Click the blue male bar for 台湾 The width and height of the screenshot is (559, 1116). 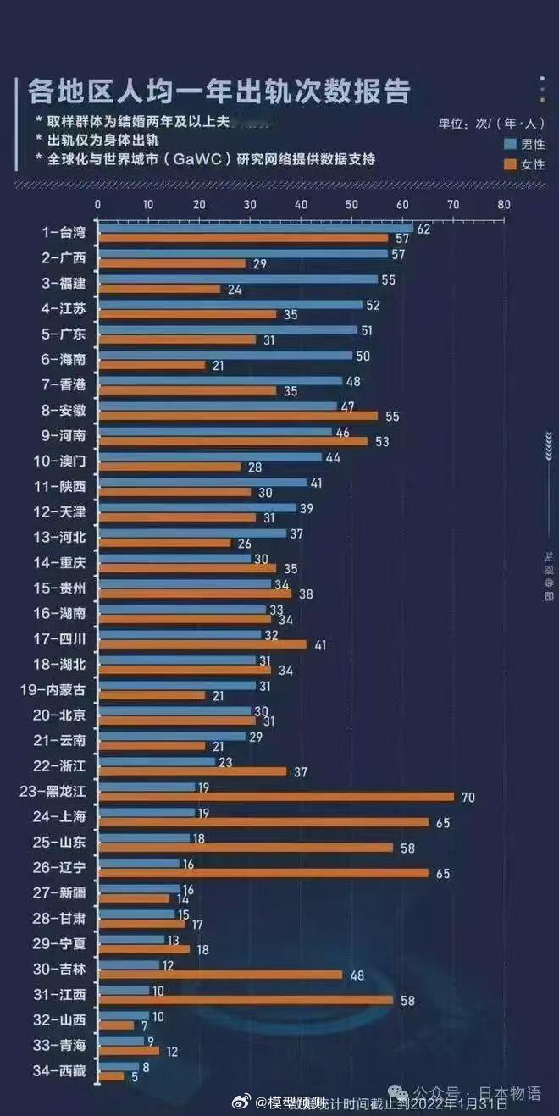pyautogui.click(x=255, y=229)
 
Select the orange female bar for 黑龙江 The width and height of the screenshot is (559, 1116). pyautogui.click(x=276, y=797)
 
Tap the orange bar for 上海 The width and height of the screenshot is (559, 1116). pyautogui.click(x=263, y=822)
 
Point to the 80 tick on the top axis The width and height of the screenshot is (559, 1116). pyautogui.click(x=504, y=204)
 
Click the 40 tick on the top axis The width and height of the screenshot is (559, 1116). pyautogui.click(x=301, y=204)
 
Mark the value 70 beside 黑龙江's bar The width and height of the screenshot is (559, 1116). pyautogui.click(x=467, y=797)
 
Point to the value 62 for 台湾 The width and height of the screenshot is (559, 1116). pyautogui.click(x=424, y=229)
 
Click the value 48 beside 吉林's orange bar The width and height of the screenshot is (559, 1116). pyautogui.click(x=357, y=975)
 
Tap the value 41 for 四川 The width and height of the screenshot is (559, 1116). pyautogui.click(x=319, y=644)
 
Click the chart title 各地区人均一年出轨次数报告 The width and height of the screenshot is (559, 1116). pyautogui.click(x=219, y=90)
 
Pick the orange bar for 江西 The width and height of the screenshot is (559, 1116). pyautogui.click(x=246, y=1000)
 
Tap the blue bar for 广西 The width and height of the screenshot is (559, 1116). pyautogui.click(x=242, y=254)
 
